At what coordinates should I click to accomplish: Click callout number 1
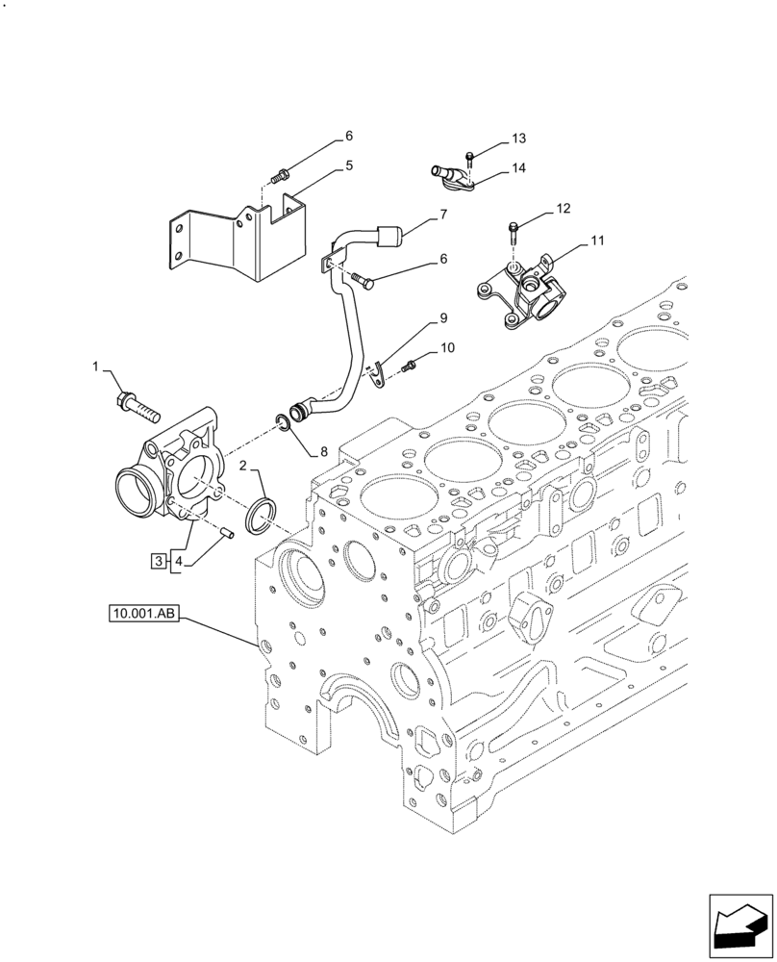pos(96,367)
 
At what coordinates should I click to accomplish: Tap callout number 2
pos(243,466)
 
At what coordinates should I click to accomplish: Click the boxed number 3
pos(157,560)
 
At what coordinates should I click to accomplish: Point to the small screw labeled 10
pos(411,365)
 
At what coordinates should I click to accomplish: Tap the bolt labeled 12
pos(514,233)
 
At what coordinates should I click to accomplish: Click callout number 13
pos(519,138)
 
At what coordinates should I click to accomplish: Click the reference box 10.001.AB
pos(144,612)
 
